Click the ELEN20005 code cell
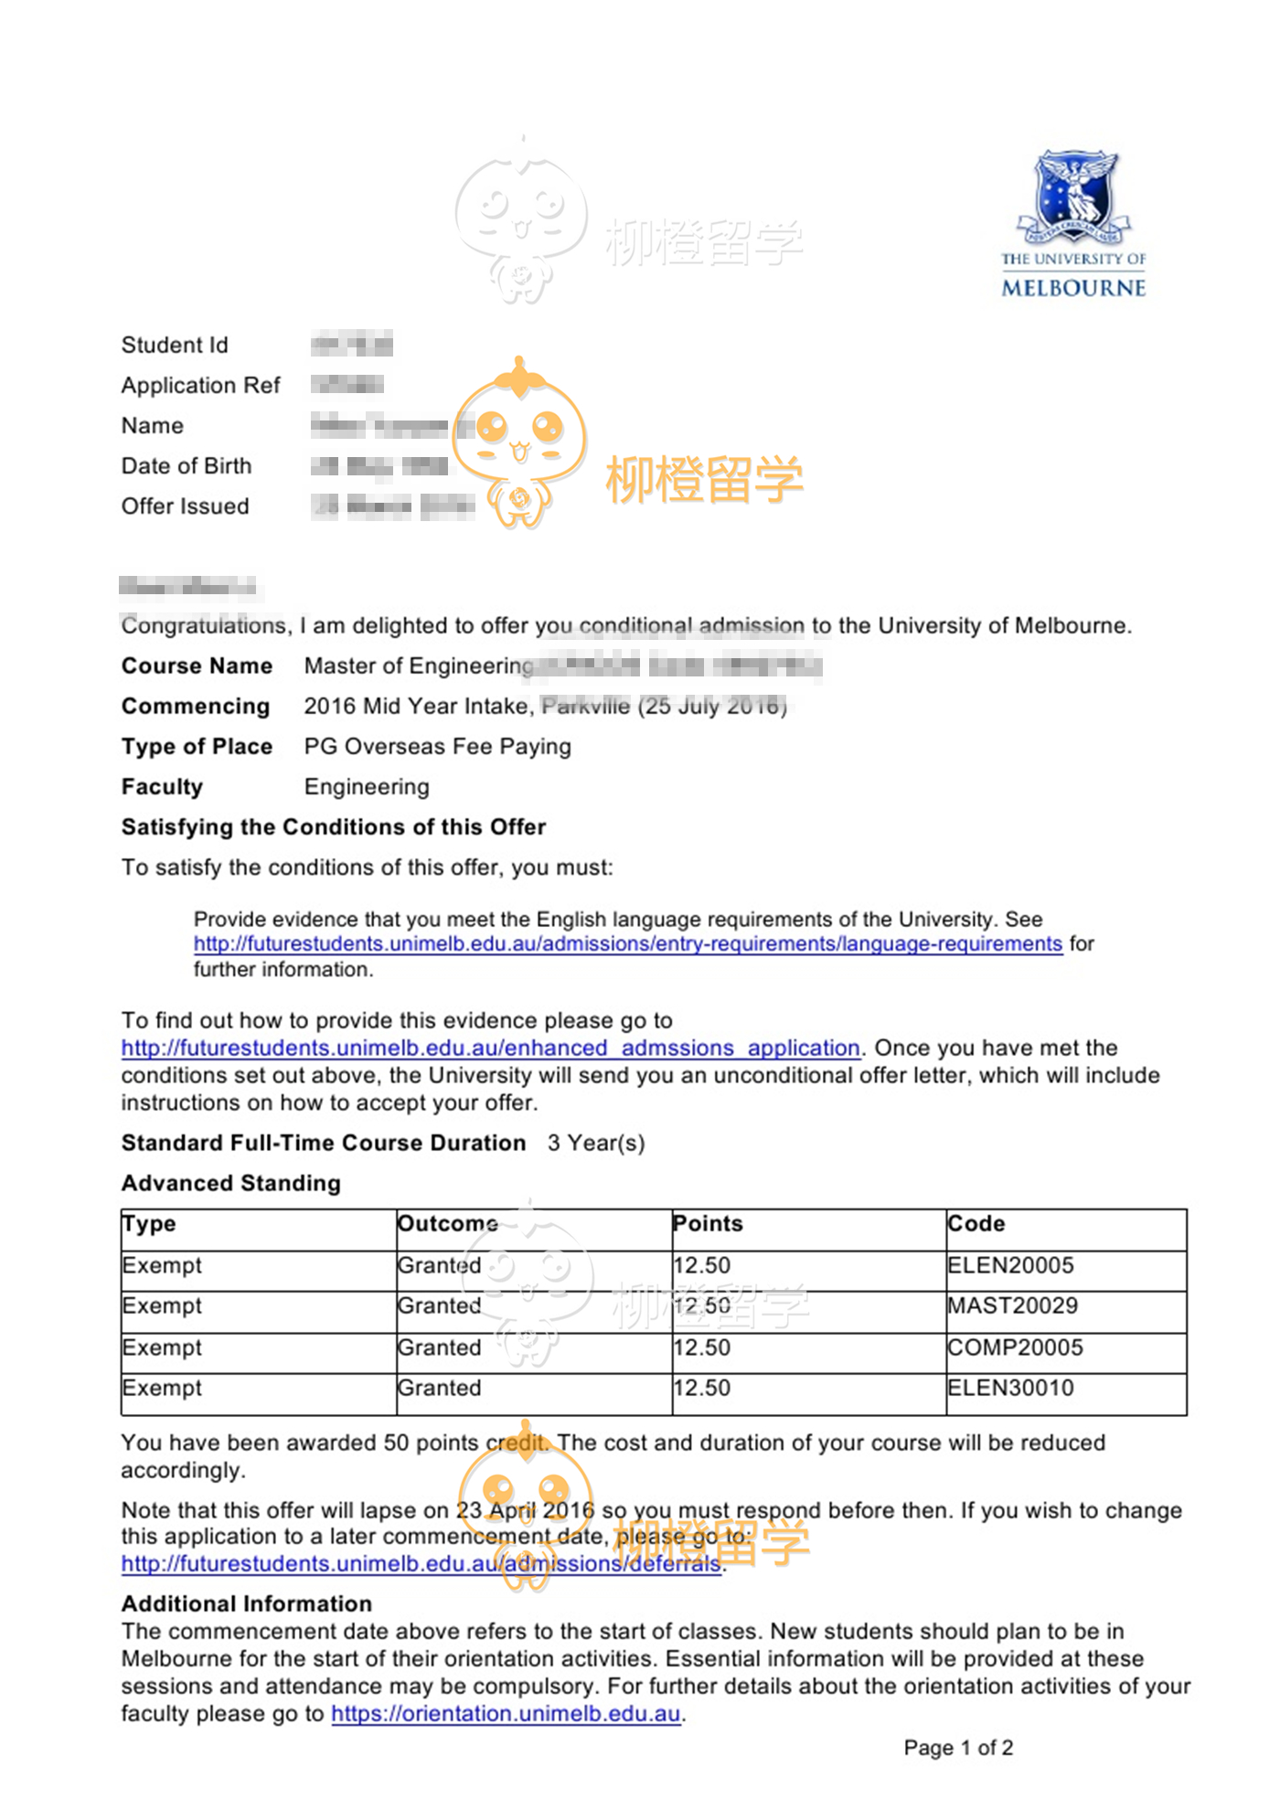(x=1010, y=1265)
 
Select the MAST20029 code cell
(x=1012, y=1305)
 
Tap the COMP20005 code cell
(x=1015, y=1347)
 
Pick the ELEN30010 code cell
(x=1010, y=1388)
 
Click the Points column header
(x=708, y=1224)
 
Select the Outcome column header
(x=448, y=1224)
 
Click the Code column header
(x=976, y=1224)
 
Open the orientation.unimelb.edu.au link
(x=506, y=1714)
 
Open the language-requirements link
(x=627, y=943)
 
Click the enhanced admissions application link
(x=490, y=1048)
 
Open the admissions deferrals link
(x=421, y=1564)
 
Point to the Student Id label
(x=175, y=346)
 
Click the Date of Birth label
(x=187, y=466)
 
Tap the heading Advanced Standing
(x=231, y=1184)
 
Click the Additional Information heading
(x=247, y=1604)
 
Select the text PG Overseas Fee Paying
(x=437, y=747)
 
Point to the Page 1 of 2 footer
(x=958, y=1749)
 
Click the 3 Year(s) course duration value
(x=596, y=1144)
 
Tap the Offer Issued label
(x=185, y=506)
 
